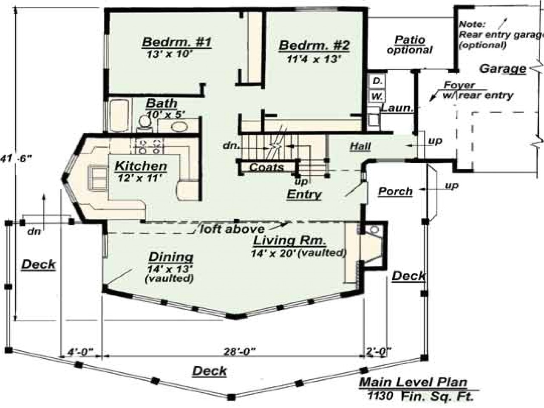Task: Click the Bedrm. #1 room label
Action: tap(177, 42)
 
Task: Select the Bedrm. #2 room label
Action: tap(314, 45)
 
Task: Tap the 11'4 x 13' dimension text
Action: tap(314, 59)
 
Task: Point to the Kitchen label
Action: tap(141, 166)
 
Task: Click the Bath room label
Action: tap(161, 103)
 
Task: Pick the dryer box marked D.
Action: tap(377, 81)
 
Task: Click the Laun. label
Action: tap(397, 108)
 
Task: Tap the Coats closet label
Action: tap(266, 167)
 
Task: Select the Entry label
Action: tap(304, 195)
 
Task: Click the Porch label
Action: tap(395, 192)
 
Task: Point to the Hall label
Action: tap(360, 147)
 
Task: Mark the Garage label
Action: tap(503, 68)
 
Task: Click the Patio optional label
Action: tap(410, 45)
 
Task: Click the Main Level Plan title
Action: tap(413, 382)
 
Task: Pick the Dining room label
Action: tap(171, 257)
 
